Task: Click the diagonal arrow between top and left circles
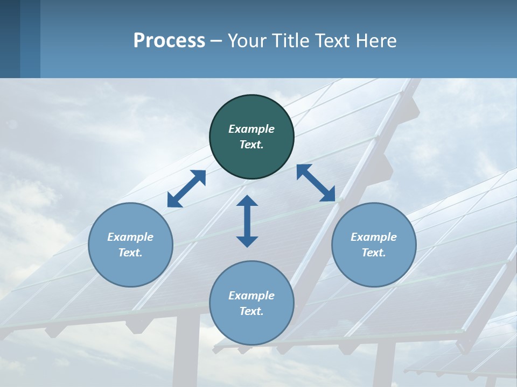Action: pos(186,189)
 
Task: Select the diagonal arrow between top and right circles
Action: pos(316,183)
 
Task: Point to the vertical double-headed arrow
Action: pos(247,221)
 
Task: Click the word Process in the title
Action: pos(169,40)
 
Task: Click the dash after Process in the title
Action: pos(216,41)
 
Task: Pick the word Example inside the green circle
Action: pos(251,129)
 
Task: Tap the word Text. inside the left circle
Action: pos(130,253)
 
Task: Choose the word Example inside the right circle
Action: pos(374,237)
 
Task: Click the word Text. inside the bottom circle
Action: pos(251,311)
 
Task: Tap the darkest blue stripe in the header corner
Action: pos(10,39)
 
